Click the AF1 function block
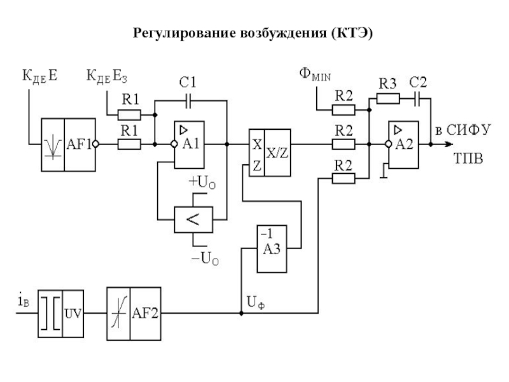[x=67, y=145]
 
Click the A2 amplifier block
[x=403, y=145]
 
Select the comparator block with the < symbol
[x=193, y=220]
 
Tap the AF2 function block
[x=133, y=313]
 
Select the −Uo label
[x=204, y=259]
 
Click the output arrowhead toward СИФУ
[x=448, y=145]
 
